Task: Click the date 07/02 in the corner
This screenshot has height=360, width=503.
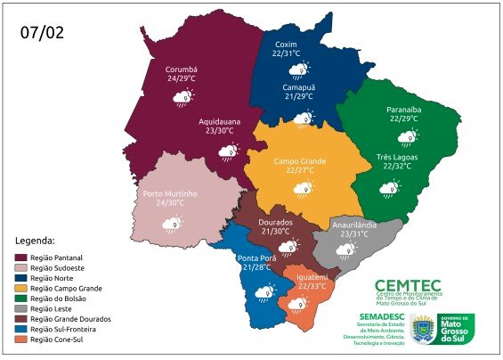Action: pyautogui.click(x=42, y=34)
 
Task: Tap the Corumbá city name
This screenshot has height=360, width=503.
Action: pyautogui.click(x=181, y=69)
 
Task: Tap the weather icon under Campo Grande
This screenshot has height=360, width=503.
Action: pyautogui.click(x=304, y=187)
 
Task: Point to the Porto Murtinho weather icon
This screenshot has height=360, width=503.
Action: pyautogui.click(x=173, y=225)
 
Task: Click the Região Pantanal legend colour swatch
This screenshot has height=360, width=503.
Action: pyautogui.click(x=21, y=257)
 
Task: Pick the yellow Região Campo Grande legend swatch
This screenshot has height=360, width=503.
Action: pyautogui.click(x=21, y=288)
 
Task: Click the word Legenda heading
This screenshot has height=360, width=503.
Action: pyautogui.click(x=36, y=241)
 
